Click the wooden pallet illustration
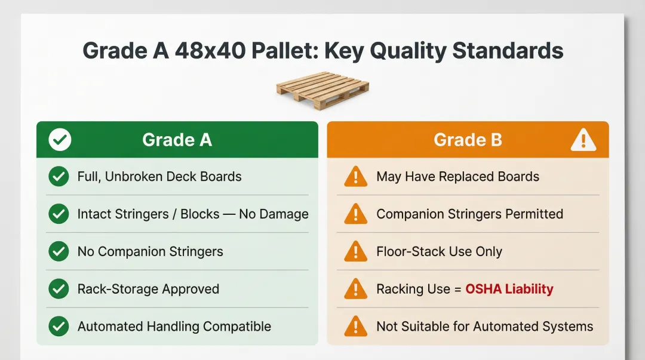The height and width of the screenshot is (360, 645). coord(322,90)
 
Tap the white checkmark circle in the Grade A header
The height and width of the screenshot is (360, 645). coord(60,140)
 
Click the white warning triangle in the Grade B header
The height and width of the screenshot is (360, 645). coord(583,140)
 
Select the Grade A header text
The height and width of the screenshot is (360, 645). coord(177,140)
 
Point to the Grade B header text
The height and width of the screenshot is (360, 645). coord(468,140)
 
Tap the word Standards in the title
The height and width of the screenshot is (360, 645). coord(508,51)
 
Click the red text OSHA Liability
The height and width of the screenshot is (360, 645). coord(509,289)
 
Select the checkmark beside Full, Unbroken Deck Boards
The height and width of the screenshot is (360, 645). coord(59,177)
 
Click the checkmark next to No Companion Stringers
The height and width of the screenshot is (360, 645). coord(59,251)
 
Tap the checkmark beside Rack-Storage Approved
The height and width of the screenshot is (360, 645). coord(59,289)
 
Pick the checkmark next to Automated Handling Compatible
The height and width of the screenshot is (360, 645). coord(59,326)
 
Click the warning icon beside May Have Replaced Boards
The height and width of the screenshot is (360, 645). coord(356,177)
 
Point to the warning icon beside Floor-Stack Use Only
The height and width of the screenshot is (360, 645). coord(356,252)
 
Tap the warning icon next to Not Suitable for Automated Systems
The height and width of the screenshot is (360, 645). coord(356,327)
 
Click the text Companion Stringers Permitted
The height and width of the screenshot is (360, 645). coord(470,214)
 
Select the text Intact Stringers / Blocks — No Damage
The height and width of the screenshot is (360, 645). coord(193,214)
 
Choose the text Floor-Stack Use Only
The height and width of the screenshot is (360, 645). coord(440,251)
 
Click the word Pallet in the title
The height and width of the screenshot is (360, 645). coord(284,51)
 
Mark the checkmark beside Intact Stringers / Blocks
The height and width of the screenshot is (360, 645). coord(59,214)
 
